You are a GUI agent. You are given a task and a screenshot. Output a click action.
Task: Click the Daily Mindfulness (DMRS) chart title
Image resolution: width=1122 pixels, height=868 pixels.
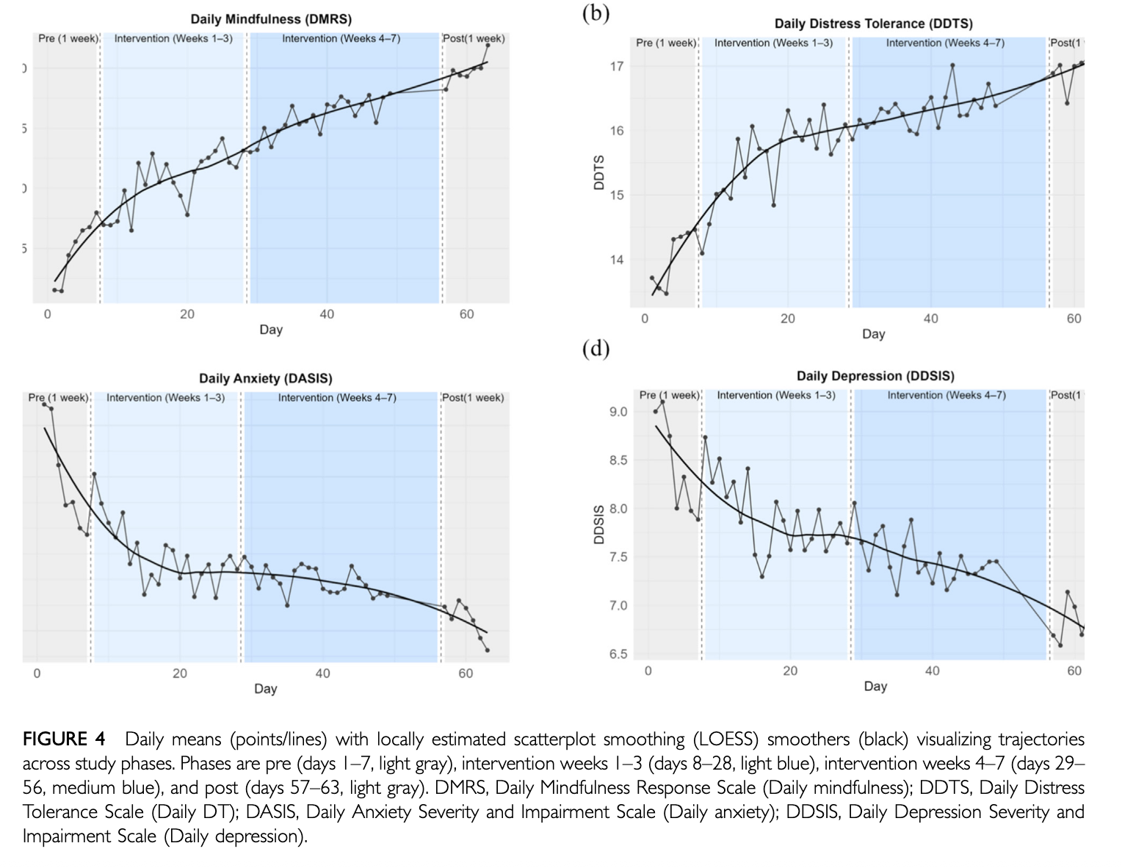[271, 19]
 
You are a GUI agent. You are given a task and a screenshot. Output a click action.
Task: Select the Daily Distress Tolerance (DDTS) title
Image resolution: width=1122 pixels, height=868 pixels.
[874, 23]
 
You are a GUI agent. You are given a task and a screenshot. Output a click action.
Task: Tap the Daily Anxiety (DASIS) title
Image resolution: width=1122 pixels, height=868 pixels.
[265, 378]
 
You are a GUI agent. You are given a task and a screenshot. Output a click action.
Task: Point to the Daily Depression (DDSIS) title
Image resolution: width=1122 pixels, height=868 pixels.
[875, 376]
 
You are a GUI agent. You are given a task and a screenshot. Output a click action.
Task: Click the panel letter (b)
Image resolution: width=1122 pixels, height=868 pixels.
[596, 13]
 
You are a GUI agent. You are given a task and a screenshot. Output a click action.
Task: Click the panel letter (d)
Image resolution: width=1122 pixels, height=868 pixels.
[596, 349]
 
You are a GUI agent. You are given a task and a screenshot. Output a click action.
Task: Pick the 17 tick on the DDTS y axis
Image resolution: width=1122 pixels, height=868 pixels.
[617, 67]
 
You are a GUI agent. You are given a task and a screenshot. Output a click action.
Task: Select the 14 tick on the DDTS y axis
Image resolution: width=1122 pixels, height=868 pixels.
[617, 260]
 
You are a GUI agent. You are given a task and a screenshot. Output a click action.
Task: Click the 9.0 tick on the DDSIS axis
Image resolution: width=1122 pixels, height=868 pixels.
[618, 412]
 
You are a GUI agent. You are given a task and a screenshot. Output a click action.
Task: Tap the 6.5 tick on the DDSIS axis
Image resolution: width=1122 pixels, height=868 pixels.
[618, 654]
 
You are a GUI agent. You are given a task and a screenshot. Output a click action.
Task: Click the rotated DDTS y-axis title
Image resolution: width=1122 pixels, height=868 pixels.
[599, 173]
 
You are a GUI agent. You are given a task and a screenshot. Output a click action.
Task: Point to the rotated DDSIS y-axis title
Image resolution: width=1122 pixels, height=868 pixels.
[599, 524]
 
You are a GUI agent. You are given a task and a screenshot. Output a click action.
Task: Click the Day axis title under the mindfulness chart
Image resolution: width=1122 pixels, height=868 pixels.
[271, 330]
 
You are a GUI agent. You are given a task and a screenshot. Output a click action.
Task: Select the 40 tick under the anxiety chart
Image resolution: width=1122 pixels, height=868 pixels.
[322, 673]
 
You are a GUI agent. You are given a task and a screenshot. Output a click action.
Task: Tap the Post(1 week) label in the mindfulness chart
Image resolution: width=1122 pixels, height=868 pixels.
[474, 39]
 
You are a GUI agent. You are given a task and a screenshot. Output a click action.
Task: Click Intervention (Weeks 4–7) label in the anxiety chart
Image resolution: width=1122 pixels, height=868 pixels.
[337, 397]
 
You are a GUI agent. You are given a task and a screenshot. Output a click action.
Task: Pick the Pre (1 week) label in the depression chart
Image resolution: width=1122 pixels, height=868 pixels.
[669, 395]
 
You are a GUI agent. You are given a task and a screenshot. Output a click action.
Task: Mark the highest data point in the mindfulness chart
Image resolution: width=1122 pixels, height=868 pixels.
[488, 46]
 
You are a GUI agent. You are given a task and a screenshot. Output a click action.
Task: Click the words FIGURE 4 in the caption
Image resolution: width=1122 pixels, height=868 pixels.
[63, 739]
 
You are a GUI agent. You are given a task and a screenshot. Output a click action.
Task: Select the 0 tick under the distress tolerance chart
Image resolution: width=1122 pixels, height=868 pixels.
[645, 319]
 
